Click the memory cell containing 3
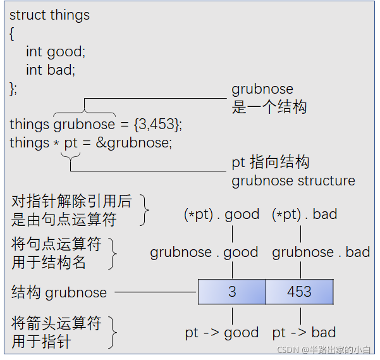(232, 292)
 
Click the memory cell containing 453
(299, 292)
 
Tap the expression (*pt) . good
(221, 214)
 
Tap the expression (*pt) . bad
(304, 214)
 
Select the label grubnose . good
(204, 252)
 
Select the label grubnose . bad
(321, 252)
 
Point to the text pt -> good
(221, 333)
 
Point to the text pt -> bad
(303, 333)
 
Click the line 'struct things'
(49, 15)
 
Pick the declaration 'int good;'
(55, 51)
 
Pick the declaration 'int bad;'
(50, 69)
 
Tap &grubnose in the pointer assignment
(133, 143)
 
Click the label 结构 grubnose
(59, 292)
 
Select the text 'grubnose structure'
(293, 181)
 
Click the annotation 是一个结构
(269, 107)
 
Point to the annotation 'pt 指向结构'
(270, 163)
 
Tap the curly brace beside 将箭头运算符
(113, 332)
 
